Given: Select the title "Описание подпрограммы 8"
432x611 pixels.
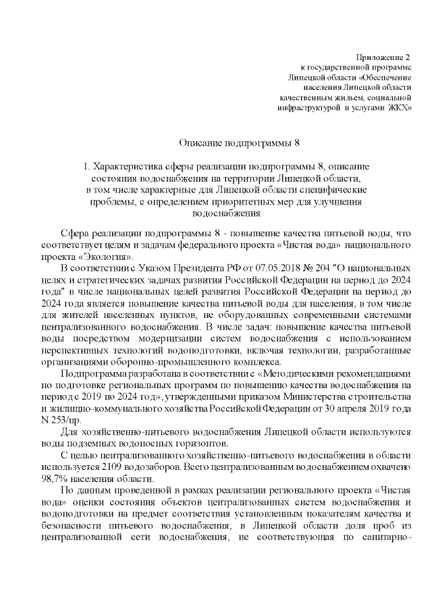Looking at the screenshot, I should [240, 144].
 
